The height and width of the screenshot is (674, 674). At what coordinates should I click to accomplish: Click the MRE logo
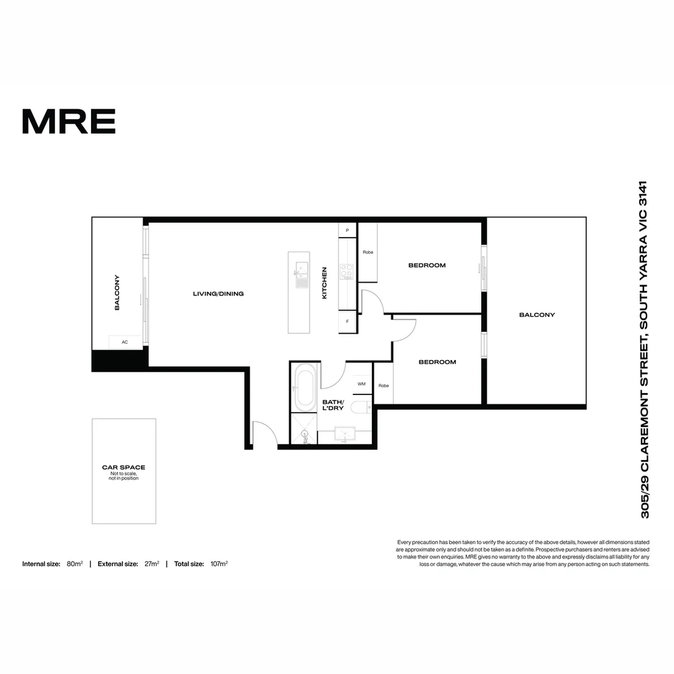(69, 121)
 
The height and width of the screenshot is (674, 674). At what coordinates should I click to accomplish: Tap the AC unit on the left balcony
(125, 342)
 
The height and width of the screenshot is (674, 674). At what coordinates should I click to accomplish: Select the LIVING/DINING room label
(218, 293)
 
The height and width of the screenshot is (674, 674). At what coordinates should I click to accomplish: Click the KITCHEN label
(325, 283)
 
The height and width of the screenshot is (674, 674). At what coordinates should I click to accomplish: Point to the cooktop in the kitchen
(346, 271)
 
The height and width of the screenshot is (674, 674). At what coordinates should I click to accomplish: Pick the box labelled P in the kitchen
(347, 230)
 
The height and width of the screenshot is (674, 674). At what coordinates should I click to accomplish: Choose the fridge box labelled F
(347, 322)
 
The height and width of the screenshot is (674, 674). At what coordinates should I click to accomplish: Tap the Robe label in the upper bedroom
(368, 252)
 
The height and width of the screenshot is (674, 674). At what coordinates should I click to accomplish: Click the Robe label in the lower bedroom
(383, 386)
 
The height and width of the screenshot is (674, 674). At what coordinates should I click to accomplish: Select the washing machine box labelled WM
(361, 384)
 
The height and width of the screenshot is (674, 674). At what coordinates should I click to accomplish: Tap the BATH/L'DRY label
(333, 405)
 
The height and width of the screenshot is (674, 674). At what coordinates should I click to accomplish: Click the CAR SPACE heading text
(124, 467)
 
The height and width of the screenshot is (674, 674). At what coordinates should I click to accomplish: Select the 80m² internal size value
(75, 564)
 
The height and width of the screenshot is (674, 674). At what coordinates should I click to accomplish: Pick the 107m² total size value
(218, 564)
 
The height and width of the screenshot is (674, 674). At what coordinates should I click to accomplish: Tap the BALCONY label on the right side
(537, 315)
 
